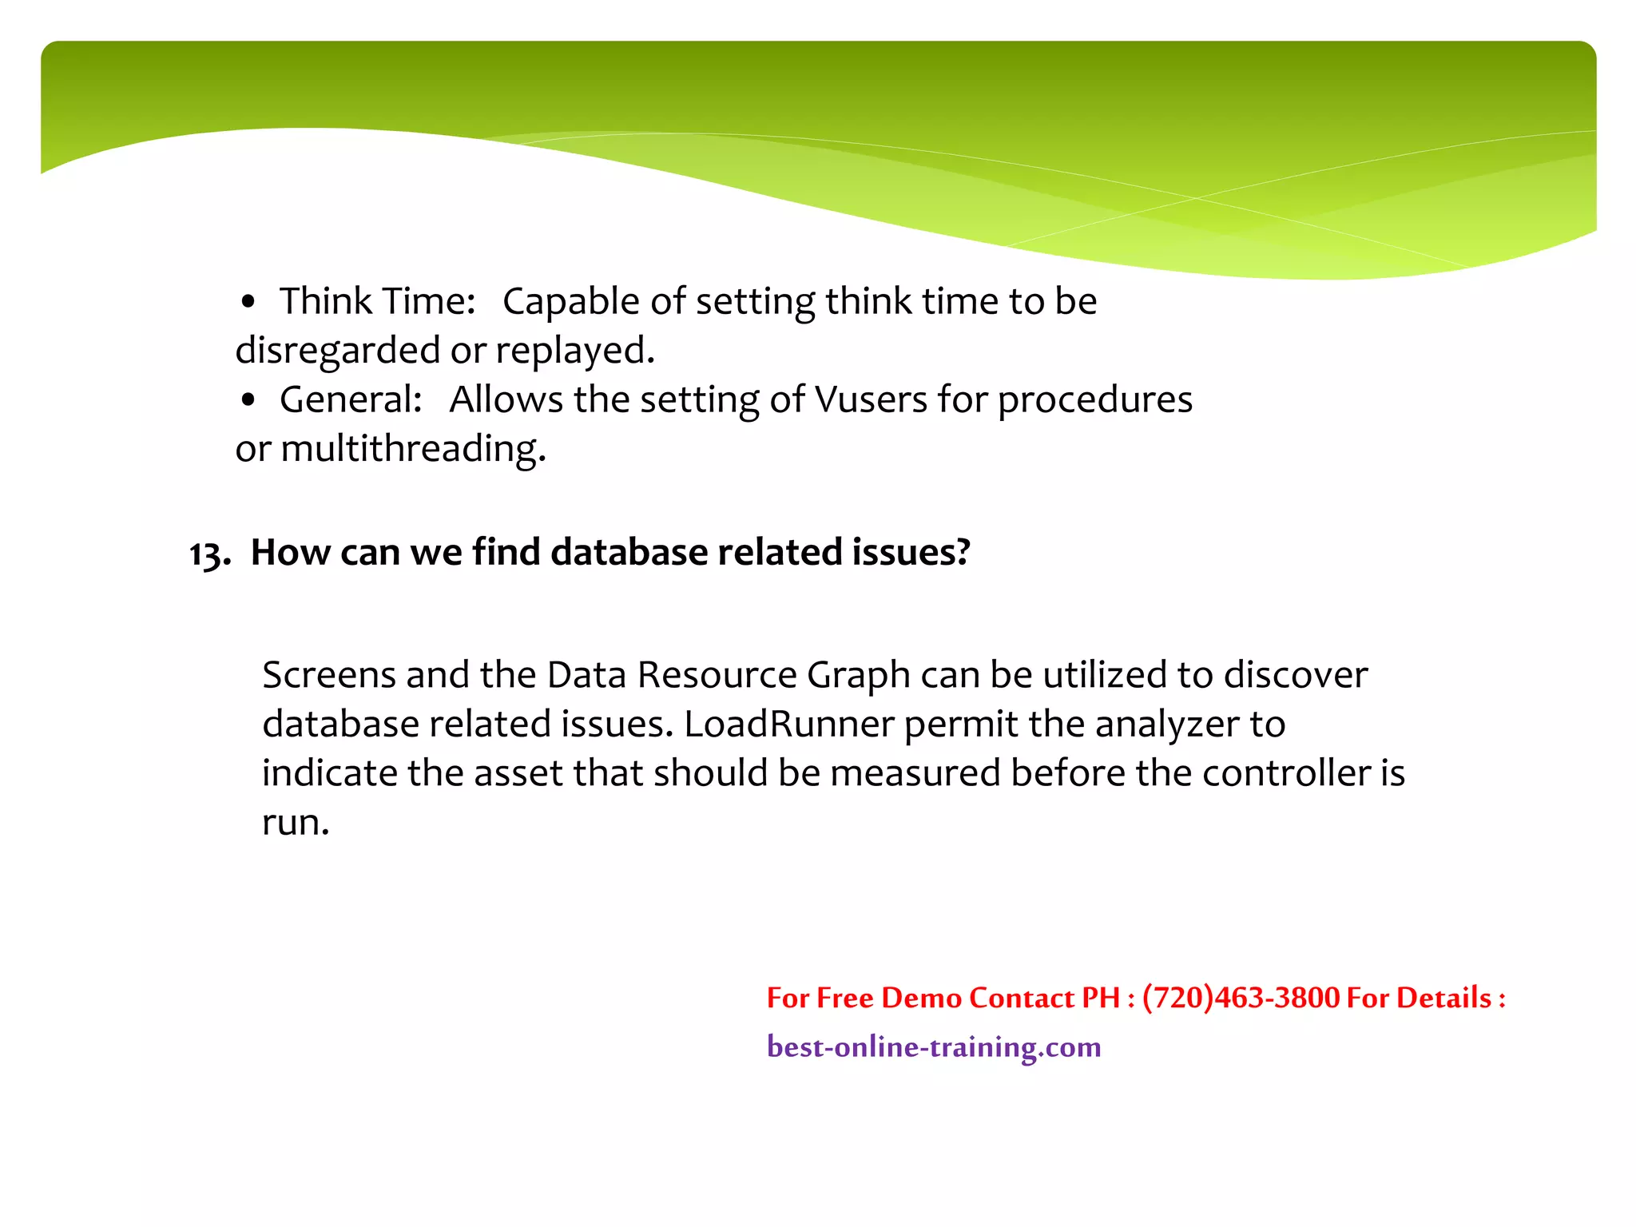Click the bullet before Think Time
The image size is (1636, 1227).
pyautogui.click(x=248, y=304)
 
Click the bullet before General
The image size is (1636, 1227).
pyautogui.click(x=248, y=401)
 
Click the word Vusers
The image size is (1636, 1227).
pyautogui.click(x=870, y=399)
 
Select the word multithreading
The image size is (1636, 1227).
pyautogui.click(x=413, y=449)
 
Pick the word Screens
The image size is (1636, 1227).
pyautogui.click(x=328, y=676)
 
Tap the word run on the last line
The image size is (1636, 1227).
pyautogui.click(x=294, y=823)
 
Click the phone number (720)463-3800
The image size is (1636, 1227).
pyautogui.click(x=1241, y=998)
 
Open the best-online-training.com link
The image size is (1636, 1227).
pyautogui.click(x=933, y=1047)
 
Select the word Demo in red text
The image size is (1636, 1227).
pyautogui.click(x=920, y=998)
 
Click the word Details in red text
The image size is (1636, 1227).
pyautogui.click(x=1443, y=998)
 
